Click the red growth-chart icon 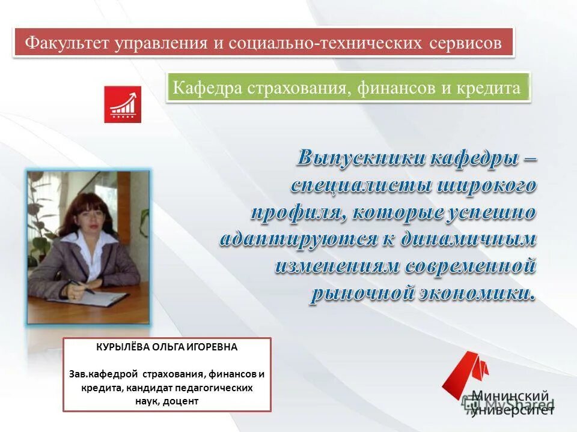point(123,104)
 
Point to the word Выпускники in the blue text point(362,159)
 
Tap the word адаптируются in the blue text point(298,239)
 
